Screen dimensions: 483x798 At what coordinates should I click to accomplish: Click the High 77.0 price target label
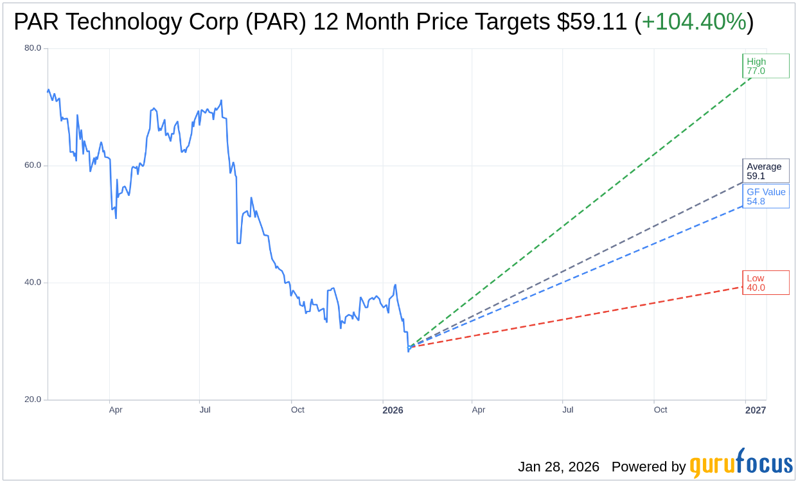[765, 66]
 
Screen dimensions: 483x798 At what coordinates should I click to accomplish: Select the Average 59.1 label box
[765, 171]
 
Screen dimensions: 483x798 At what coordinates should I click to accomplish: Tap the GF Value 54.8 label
[766, 197]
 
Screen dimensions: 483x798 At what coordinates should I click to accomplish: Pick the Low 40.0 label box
[765, 283]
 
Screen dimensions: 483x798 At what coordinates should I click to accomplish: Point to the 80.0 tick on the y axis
[33, 48]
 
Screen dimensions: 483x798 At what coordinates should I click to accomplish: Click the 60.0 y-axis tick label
[33, 165]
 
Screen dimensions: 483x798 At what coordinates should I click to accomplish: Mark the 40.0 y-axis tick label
[33, 282]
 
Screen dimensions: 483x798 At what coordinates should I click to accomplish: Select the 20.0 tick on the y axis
[33, 399]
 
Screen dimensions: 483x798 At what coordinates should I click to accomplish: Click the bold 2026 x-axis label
[393, 410]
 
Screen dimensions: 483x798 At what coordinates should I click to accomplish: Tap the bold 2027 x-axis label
[756, 410]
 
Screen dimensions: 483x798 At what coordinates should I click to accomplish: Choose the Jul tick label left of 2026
[205, 410]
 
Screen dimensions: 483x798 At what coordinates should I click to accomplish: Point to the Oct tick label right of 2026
[661, 410]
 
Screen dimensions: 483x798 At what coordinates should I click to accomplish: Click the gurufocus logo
[741, 464]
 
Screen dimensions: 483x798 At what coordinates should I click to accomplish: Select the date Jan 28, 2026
[558, 467]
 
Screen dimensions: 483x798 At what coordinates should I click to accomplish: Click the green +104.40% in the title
[694, 22]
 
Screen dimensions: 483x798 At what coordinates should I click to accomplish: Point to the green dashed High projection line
[578, 212]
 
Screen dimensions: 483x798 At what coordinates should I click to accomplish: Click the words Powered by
[648, 467]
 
